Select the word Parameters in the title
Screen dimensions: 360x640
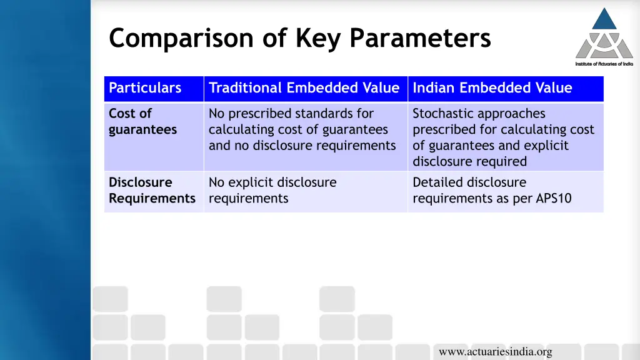point(420,39)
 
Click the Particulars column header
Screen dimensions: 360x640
point(145,88)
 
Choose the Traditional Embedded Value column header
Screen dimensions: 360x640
point(304,88)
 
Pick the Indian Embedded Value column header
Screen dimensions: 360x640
point(492,88)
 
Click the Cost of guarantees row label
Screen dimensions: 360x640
point(142,122)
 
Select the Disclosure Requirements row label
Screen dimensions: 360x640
point(152,191)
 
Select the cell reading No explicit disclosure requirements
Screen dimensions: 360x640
point(272,191)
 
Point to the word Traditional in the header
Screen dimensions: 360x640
point(245,88)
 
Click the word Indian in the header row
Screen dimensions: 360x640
point(434,88)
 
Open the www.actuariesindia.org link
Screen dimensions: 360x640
point(495,352)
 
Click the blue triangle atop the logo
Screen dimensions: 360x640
point(604,19)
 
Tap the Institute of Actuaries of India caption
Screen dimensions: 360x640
point(604,64)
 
